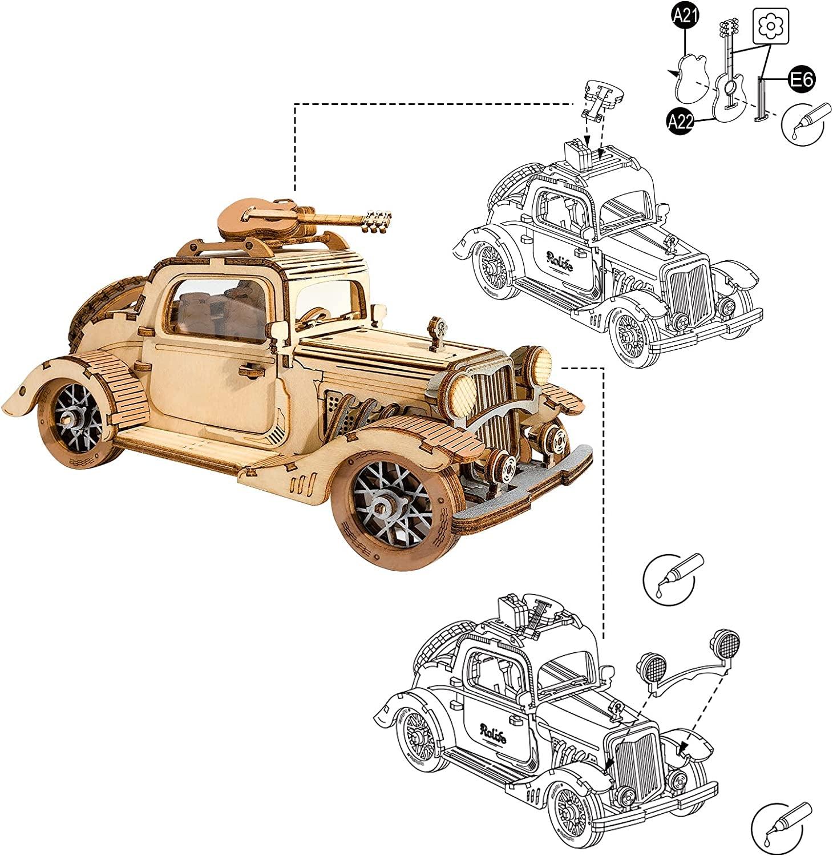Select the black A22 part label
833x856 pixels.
pyautogui.click(x=681, y=121)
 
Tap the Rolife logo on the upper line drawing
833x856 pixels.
pyautogui.click(x=563, y=258)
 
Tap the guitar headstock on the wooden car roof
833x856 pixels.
pyautogui.click(x=378, y=221)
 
